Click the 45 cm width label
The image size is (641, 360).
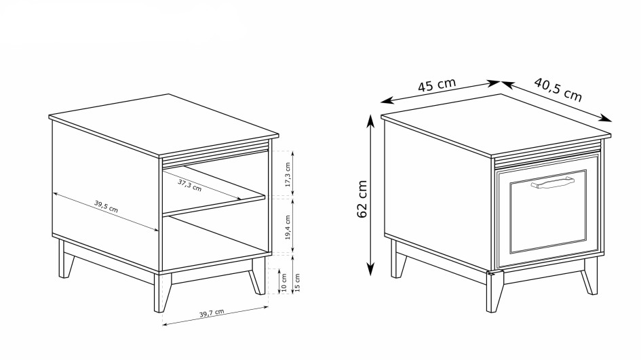coord(437,85)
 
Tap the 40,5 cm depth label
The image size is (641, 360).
coord(558,89)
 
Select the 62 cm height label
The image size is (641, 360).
coord(362,199)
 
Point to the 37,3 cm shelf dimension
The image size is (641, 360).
coord(190,185)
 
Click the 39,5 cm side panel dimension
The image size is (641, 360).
coord(106,206)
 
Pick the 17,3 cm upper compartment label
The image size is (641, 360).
coord(288,174)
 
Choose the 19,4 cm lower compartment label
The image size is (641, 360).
coord(288,227)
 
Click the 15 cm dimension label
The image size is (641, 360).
coord(297,283)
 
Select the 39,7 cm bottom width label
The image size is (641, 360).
coord(212,313)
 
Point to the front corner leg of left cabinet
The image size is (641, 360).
coord(162,293)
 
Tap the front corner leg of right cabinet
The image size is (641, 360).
coord(494,292)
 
